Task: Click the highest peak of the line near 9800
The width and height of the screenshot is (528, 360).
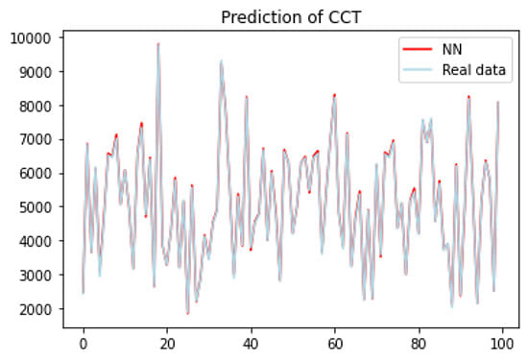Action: coord(158,43)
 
